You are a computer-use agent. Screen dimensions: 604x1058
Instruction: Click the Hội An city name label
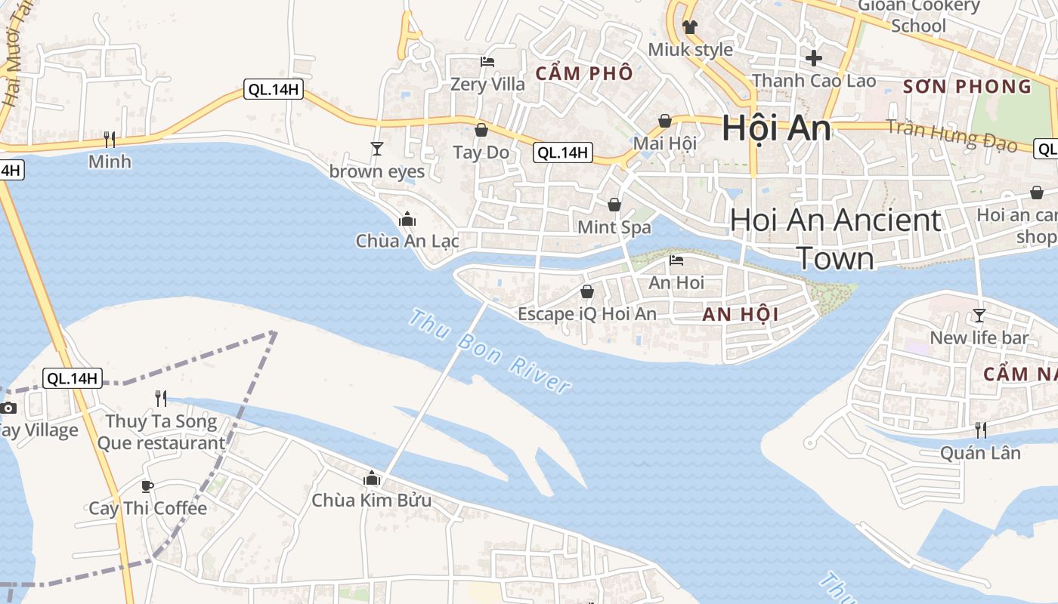(x=776, y=128)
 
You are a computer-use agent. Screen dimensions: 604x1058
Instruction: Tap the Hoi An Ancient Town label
(x=835, y=239)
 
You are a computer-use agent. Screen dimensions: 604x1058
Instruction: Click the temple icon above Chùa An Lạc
(x=407, y=219)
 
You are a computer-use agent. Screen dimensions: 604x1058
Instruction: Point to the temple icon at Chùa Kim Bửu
(x=372, y=478)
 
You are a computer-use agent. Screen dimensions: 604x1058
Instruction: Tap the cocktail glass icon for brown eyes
(x=377, y=148)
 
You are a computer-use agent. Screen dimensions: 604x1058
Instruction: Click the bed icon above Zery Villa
(x=487, y=61)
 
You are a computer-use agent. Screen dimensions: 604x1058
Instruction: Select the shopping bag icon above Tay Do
(x=481, y=131)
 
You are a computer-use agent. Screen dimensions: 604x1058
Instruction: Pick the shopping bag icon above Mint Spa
(x=614, y=205)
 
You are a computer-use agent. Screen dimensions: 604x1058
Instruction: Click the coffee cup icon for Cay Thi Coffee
(x=147, y=486)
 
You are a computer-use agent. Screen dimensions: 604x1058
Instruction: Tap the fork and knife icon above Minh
(x=110, y=139)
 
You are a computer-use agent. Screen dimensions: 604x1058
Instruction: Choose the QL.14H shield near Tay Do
(x=562, y=153)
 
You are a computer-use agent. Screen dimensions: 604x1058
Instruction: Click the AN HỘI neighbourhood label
(x=740, y=315)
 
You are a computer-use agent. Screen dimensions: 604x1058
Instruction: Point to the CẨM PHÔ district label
(x=583, y=73)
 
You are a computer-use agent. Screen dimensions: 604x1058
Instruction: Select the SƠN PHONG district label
(x=967, y=86)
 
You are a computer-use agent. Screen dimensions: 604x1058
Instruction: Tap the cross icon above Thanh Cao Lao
(x=814, y=57)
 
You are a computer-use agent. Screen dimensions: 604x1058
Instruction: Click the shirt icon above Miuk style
(x=690, y=27)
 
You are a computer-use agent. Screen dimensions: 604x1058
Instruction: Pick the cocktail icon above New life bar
(x=979, y=315)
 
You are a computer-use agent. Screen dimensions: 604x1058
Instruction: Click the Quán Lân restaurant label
(x=980, y=453)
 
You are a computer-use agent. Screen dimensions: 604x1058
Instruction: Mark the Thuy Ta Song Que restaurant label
(x=161, y=432)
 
